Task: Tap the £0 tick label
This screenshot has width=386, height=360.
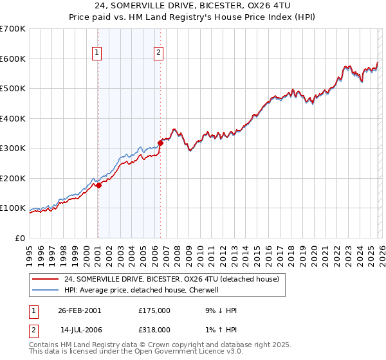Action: [21, 238]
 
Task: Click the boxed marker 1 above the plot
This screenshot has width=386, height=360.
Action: [97, 53]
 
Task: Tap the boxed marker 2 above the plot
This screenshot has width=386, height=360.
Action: [158, 53]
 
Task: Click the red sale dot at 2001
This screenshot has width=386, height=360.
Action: [99, 186]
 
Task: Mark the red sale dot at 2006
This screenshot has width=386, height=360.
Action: [160, 143]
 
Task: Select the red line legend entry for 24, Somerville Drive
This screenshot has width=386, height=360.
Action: [171, 280]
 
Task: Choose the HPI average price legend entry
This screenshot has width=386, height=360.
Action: [142, 290]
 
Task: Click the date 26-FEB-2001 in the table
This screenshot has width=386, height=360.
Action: [79, 310]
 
